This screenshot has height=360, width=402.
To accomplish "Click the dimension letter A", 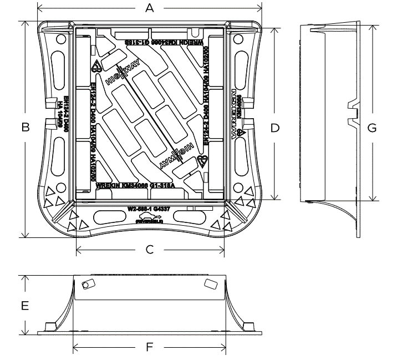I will (x=148, y=8).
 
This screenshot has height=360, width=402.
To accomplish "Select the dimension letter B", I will (x=25, y=128).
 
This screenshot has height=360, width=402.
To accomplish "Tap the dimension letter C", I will (x=149, y=250).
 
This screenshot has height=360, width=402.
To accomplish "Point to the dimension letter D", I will (x=274, y=128).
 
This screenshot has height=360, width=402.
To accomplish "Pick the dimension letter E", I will (x=25, y=305).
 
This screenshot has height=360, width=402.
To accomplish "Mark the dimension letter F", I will (x=149, y=348).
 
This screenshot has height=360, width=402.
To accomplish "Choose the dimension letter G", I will (x=372, y=128).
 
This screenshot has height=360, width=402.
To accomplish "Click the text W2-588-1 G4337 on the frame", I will (x=149, y=210).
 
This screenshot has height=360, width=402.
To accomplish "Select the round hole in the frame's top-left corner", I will (x=60, y=39).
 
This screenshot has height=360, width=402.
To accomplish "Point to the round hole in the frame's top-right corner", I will (x=238, y=39).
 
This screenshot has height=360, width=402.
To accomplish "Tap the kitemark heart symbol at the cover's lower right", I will (x=203, y=161).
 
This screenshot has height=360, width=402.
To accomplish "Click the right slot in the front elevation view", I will (x=211, y=283).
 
